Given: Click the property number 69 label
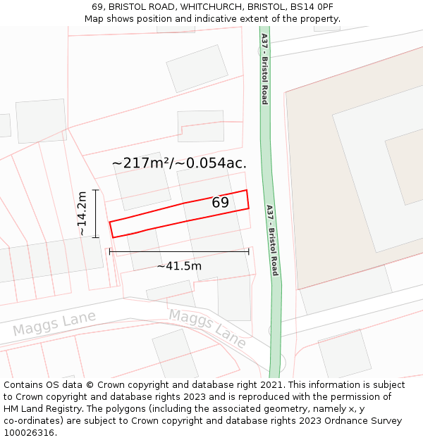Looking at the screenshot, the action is coord(220,202).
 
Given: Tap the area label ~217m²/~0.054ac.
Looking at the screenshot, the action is coord(179,163).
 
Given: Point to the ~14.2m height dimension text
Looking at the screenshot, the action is coord(82,213).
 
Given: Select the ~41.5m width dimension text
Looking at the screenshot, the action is coord(179,266).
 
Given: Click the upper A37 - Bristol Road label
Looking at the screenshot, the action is coord(264,68).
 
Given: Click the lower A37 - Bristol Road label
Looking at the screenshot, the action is coord(271,239).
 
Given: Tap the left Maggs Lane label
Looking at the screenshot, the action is coord(54,325).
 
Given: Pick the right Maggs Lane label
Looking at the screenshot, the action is coord(208,328).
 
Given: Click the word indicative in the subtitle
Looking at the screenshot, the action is coord(209,19).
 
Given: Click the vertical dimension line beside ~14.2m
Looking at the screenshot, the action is coord(95,213).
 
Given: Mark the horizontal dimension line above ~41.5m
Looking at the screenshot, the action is coord(179,251).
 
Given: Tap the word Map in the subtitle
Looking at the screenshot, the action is coord(94,19).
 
